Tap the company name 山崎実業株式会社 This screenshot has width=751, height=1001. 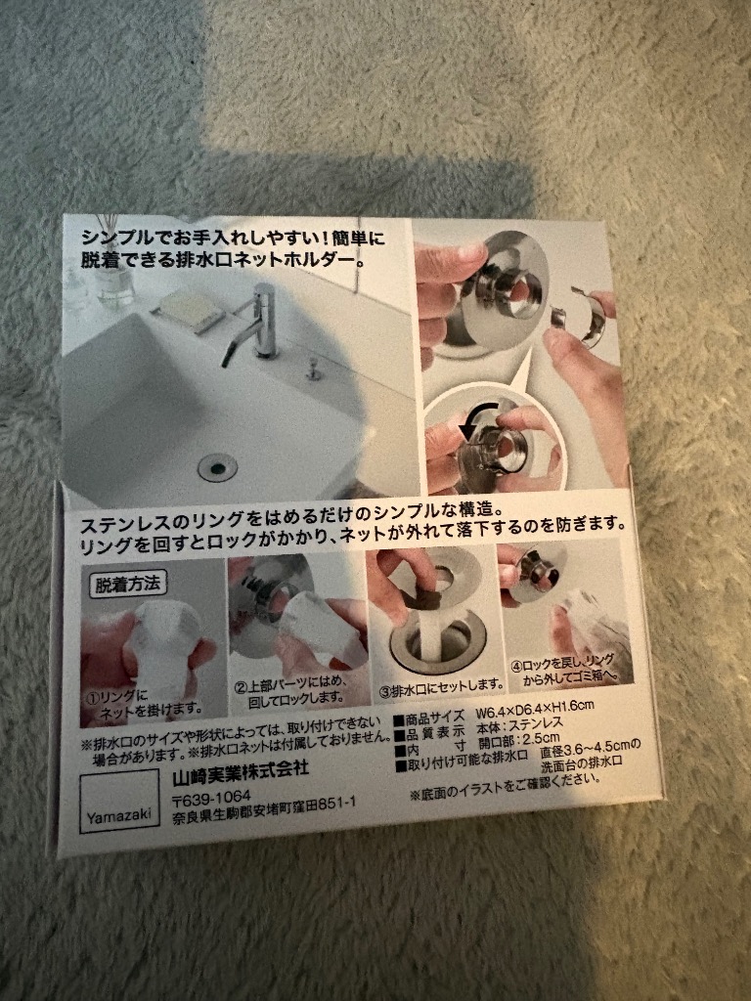[240, 767]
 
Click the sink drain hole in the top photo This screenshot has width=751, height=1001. [216, 466]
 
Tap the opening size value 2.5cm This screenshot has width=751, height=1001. [532, 737]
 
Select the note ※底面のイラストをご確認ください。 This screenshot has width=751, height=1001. [501, 780]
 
